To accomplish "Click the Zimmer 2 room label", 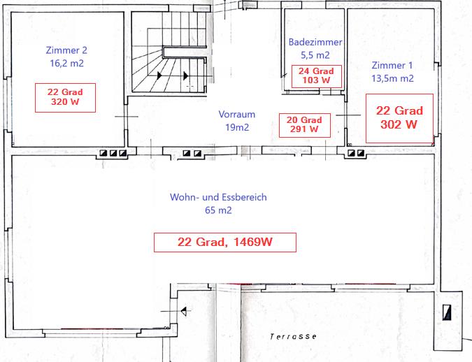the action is pos(66,50).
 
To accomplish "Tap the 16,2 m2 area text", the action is pos(67,63).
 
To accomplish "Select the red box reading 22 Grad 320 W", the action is pos(65,98).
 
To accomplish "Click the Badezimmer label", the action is pos(315,42).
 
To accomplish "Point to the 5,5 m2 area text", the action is pos(315,55).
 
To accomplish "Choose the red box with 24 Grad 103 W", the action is pos(316,76).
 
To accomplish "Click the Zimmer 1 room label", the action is pos(392,65).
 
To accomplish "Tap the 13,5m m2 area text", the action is pos(392,78).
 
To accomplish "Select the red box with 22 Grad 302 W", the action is pos(399,118).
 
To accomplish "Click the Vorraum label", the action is pos(237,115).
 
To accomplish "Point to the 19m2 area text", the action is pos(237,127).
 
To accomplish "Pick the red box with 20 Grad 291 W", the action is pos(305,125).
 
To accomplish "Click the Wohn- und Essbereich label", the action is pos(218,197).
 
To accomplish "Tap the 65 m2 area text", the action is pos(218,210).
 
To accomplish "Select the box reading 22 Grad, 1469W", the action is pos(225,242).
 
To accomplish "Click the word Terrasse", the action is pos(293,336).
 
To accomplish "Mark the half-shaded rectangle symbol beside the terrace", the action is pos(447,312).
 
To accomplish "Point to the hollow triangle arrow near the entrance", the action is pos(184,311).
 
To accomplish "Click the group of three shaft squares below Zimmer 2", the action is pos(113,153).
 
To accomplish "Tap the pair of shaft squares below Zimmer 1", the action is pos(356,153).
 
